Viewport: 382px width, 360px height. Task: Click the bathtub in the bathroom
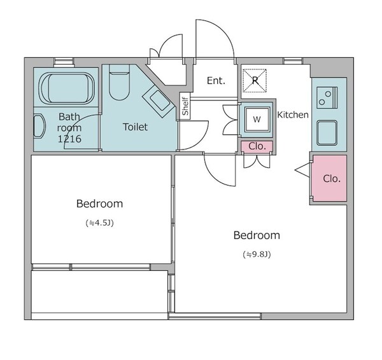click(x=67, y=88)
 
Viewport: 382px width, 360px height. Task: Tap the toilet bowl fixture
click(x=119, y=82)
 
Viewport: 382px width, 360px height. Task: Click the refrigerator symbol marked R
click(x=255, y=81)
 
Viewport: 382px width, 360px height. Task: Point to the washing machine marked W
click(x=257, y=119)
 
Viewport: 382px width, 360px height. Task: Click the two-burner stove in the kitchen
click(x=327, y=97)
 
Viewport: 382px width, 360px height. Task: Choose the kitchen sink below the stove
click(x=327, y=133)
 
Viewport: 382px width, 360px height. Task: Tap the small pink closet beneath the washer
click(x=257, y=146)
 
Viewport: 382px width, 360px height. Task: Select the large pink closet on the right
click(x=330, y=178)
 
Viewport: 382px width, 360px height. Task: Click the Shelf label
click(x=185, y=106)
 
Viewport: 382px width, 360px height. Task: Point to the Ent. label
click(x=216, y=81)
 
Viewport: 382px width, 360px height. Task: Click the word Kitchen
click(x=293, y=114)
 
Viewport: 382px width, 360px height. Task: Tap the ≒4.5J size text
click(x=100, y=223)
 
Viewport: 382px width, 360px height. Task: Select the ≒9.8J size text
click(x=257, y=254)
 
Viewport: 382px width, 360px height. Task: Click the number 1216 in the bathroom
click(x=69, y=139)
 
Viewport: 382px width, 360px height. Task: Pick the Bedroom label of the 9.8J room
click(x=257, y=235)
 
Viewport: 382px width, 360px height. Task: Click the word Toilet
click(x=135, y=127)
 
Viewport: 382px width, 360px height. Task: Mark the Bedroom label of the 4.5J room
click(x=100, y=204)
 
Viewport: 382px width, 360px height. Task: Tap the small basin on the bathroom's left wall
click(x=39, y=127)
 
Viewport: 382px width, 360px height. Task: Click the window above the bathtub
click(x=64, y=62)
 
